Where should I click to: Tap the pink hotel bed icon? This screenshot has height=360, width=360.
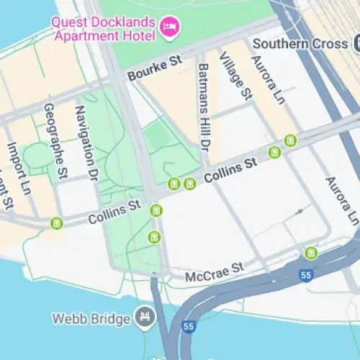[171, 27]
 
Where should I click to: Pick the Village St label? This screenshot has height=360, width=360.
[236, 76]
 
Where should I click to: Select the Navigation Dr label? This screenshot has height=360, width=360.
[86, 144]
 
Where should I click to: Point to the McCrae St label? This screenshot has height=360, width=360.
[215, 272]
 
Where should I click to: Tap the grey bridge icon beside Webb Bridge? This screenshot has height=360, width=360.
[145, 317]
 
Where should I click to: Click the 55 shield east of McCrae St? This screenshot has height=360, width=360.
[307, 275]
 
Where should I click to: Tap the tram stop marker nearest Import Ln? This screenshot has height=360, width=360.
[56, 224]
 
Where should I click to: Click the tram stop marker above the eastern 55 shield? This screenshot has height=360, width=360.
[311, 252]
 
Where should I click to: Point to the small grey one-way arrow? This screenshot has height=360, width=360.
[301, 212]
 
